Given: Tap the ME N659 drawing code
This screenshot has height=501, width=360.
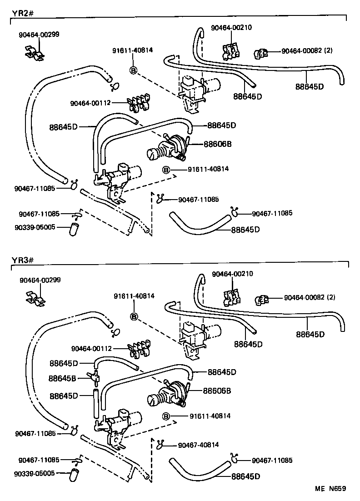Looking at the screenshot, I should (331, 489).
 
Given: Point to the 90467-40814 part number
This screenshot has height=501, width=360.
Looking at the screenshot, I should (199, 444).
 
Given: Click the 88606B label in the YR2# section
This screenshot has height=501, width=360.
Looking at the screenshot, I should (217, 144).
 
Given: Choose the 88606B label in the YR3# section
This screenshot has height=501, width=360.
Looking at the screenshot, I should (217, 391).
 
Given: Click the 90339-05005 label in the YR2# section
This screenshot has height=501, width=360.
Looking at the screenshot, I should (37, 226).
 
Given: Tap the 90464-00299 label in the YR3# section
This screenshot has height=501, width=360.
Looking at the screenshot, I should (40, 280).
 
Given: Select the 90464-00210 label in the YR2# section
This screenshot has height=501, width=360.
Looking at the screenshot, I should (231, 27).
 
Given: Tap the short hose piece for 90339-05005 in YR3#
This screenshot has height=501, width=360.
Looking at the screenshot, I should (74, 476).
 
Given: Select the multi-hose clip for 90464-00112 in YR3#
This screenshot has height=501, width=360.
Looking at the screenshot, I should (139, 348).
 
